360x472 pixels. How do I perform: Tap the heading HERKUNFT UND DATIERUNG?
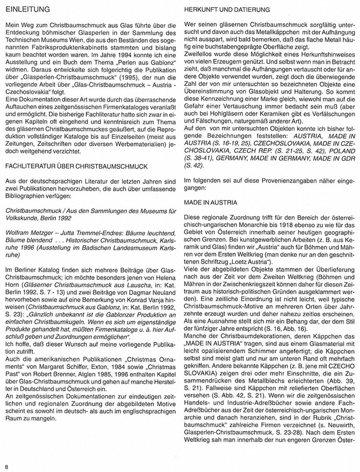pos(221,10)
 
